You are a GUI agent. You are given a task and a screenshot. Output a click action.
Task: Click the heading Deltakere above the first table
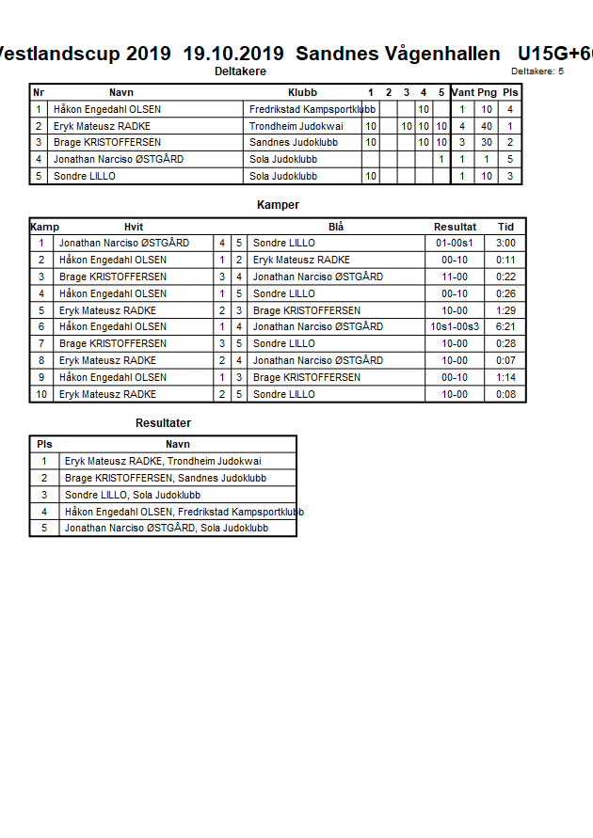[240, 71]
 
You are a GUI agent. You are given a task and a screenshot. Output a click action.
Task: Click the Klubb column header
[302, 92]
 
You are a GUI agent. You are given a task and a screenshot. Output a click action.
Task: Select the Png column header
[487, 92]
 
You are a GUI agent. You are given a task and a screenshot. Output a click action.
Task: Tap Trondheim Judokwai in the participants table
[296, 126]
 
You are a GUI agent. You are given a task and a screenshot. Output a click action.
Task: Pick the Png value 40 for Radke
[487, 126]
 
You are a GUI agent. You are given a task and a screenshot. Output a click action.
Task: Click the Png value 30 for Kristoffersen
[487, 143]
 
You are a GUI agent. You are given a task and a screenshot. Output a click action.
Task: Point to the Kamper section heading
[278, 205]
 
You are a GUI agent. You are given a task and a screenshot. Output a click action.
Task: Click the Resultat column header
[455, 227]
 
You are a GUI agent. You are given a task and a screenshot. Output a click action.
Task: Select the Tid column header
[506, 227]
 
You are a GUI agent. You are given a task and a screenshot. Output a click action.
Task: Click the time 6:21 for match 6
[506, 327]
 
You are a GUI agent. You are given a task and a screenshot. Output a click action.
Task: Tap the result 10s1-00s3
[455, 327]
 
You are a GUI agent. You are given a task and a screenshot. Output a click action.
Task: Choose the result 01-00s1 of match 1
[455, 243]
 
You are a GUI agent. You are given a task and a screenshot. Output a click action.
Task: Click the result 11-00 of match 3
[455, 277]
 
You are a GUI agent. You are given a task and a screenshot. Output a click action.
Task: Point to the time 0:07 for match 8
[506, 360]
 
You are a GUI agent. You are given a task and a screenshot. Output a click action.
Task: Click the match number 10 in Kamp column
[41, 394]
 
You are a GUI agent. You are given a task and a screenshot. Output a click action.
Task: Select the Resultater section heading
[163, 423]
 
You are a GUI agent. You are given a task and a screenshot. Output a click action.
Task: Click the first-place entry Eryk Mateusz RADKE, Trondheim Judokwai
[163, 461]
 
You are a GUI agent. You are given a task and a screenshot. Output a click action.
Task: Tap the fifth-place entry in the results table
[166, 529]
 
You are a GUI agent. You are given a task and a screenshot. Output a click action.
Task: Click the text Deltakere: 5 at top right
[537, 71]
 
